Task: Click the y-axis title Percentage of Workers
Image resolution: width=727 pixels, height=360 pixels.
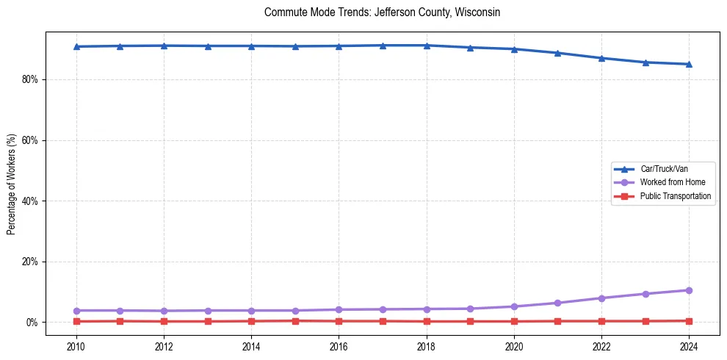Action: (12, 184)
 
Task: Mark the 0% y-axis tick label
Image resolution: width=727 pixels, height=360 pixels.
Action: (31, 323)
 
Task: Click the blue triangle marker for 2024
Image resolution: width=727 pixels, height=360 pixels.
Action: (689, 64)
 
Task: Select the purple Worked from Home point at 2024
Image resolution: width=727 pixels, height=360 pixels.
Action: (689, 290)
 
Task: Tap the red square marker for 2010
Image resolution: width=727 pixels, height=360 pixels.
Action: (76, 321)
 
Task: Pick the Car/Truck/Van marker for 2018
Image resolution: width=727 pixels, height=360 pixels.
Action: (427, 46)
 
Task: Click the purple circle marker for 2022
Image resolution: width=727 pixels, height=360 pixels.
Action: (601, 298)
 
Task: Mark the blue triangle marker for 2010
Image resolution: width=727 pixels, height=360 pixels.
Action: (76, 46)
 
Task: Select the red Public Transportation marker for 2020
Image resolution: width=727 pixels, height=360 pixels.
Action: (514, 321)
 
